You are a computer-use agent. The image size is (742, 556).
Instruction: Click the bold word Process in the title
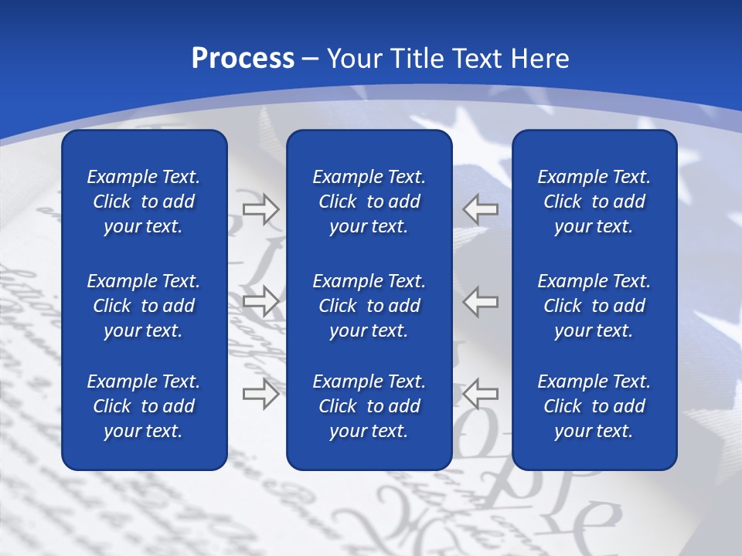(243, 59)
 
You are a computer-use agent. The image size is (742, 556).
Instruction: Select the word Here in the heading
(540, 59)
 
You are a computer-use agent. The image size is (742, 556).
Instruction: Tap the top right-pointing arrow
(261, 209)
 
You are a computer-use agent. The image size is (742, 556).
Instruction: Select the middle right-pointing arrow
(261, 301)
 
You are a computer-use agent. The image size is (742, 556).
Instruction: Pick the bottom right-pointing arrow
(261, 394)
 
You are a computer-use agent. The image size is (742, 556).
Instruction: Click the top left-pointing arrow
(481, 209)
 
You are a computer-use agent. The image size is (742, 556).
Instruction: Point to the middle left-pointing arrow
(481, 301)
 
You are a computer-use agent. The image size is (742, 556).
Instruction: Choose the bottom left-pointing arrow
(481, 394)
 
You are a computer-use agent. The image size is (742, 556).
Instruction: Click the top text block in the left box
(144, 202)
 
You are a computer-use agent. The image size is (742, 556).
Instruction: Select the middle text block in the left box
(144, 306)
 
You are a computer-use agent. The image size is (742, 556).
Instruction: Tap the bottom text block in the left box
(144, 406)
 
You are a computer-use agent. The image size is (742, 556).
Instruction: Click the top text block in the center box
(369, 202)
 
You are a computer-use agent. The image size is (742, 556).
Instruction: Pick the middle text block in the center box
(369, 306)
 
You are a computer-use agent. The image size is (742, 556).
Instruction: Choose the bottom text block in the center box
(369, 406)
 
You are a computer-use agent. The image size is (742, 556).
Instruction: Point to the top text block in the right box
(594, 202)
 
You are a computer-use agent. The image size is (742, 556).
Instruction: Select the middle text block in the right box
(594, 306)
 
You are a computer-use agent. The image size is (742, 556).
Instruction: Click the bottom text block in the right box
(594, 406)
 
